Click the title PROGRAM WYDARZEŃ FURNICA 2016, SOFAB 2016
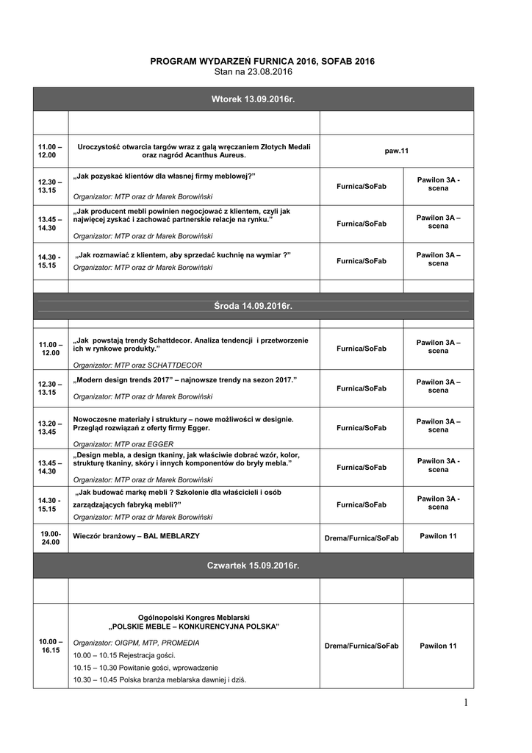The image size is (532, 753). (262, 61)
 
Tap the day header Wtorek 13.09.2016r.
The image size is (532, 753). (253, 99)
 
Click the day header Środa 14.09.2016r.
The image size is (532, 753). (253, 306)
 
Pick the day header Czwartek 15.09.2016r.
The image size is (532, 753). (253, 565)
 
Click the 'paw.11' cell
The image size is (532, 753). (396, 151)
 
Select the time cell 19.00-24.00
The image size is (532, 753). (51, 538)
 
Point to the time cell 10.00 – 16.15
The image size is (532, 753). (51, 646)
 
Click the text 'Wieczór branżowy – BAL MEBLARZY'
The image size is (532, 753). (136, 536)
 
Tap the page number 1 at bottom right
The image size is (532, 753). (466, 704)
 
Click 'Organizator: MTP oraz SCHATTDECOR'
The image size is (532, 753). (137, 365)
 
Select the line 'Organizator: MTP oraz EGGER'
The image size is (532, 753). (123, 444)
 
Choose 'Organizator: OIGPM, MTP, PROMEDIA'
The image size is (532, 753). (136, 642)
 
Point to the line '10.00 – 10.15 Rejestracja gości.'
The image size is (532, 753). (124, 654)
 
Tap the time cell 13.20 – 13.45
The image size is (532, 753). (51, 427)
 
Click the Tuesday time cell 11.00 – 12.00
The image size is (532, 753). (51, 151)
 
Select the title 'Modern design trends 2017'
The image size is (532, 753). (184, 379)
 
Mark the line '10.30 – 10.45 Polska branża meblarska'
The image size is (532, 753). (159, 679)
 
